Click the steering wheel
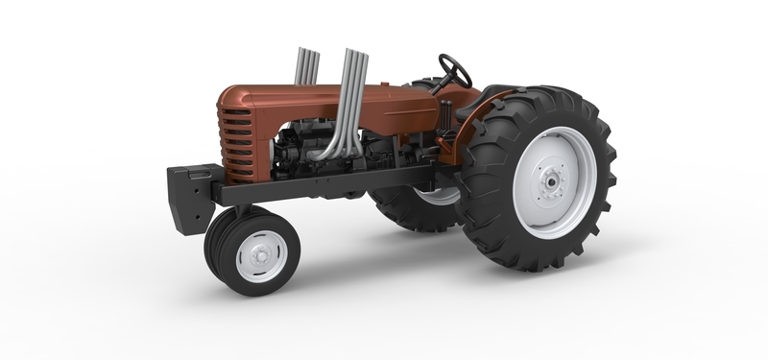(456, 70)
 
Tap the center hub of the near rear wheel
(552, 180)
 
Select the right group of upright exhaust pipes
(353, 77)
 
